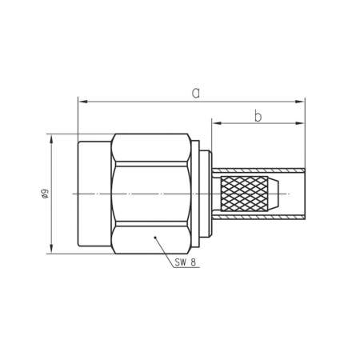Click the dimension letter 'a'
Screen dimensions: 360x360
click(194, 94)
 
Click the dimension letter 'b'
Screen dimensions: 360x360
click(258, 116)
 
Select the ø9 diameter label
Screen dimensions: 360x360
click(46, 194)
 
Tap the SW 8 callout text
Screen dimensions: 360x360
click(186, 262)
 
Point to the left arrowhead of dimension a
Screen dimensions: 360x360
click(82, 102)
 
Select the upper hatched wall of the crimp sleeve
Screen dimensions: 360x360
click(260, 171)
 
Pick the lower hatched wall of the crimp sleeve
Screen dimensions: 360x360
click(260, 218)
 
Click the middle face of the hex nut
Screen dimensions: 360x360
click(152, 194)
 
